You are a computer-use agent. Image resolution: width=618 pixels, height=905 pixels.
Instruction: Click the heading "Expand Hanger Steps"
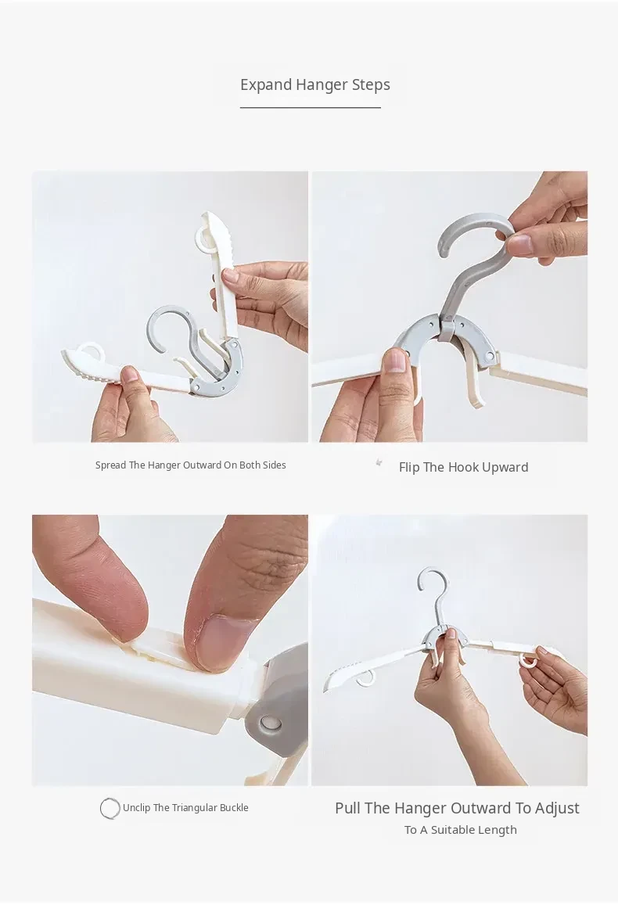click(315, 84)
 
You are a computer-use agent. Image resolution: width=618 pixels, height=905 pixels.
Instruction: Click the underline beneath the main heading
click(311, 107)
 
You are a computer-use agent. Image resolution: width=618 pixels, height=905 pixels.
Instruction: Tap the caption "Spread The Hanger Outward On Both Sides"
click(190, 465)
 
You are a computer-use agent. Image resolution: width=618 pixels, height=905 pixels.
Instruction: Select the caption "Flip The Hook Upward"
click(463, 468)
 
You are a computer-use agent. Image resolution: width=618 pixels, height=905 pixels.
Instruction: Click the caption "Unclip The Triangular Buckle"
click(185, 808)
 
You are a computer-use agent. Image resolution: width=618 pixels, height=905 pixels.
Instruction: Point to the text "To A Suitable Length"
click(461, 830)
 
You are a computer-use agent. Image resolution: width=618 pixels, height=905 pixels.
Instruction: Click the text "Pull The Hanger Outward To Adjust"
click(457, 808)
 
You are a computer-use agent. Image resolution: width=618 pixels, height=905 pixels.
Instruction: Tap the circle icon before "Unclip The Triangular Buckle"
click(110, 808)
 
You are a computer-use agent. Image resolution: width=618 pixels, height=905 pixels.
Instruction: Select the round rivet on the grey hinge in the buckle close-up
click(267, 722)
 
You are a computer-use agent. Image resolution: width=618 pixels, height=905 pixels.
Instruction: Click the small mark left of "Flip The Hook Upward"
click(379, 462)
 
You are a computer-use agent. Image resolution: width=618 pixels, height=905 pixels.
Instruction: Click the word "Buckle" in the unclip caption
click(234, 808)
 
